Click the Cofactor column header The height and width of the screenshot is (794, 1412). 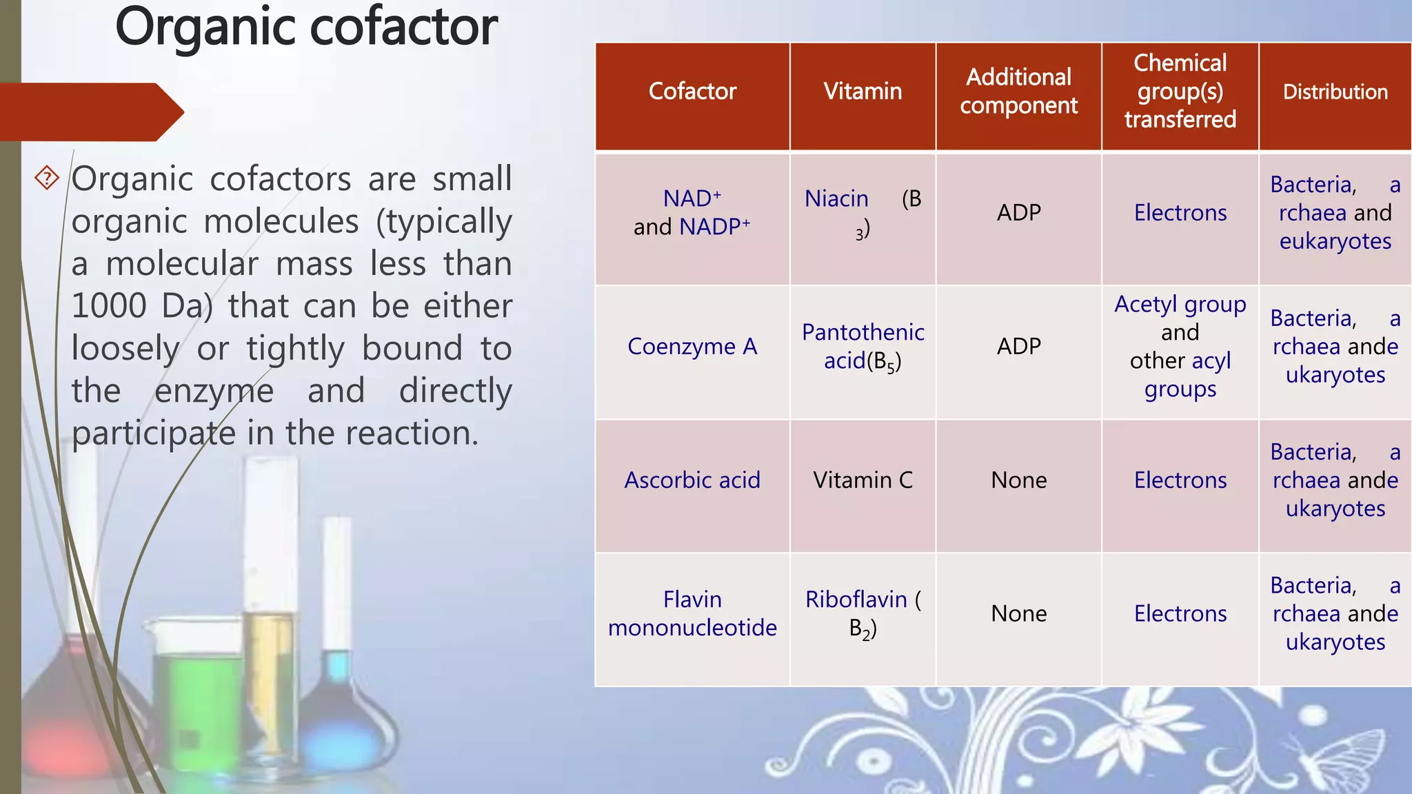692,92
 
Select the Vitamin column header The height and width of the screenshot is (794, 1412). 863,92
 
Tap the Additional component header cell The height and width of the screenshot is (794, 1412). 1018,92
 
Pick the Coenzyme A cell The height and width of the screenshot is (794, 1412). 692,347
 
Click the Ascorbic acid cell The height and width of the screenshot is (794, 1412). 692,480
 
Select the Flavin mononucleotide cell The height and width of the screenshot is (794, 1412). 692,613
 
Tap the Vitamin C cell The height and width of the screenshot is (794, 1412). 863,480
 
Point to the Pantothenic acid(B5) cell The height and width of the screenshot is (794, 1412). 863,347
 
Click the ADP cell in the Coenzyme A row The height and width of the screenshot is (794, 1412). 1018,347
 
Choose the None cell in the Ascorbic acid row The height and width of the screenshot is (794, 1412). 1018,480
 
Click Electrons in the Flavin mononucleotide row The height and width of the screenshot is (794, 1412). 1180,614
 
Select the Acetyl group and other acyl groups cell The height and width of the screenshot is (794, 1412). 1180,347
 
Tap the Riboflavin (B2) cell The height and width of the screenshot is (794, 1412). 863,614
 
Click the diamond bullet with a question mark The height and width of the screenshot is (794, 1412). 47,178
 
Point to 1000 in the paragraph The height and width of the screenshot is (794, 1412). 109,306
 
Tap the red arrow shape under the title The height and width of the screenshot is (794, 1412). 90,112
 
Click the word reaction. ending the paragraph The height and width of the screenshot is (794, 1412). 412,434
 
